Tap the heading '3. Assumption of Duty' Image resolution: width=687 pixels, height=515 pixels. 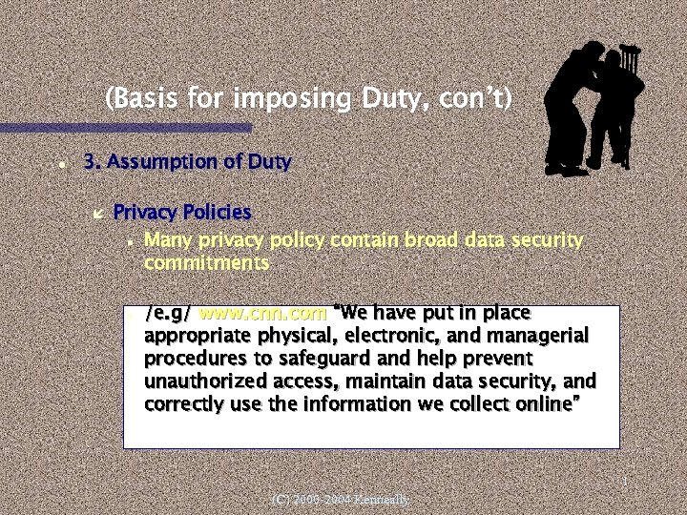point(187,162)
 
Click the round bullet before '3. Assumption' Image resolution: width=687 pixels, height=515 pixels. point(60,164)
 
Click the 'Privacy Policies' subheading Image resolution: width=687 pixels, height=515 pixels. point(182,212)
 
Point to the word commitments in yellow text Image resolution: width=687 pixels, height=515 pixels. point(206,262)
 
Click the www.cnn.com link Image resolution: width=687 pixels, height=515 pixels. point(262,313)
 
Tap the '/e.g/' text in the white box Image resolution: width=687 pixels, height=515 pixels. point(168,313)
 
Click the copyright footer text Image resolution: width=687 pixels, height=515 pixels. point(340,499)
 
